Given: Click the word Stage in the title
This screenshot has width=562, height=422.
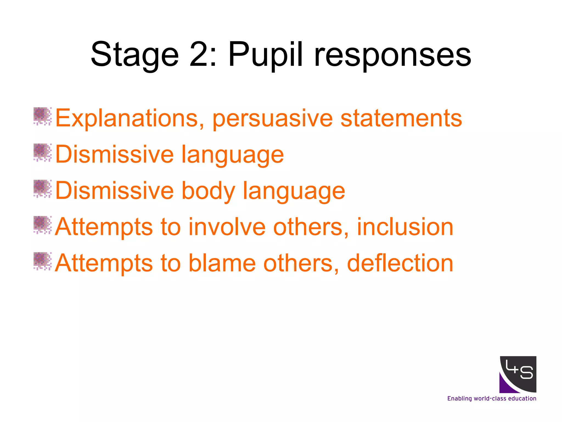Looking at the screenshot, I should click(135, 55).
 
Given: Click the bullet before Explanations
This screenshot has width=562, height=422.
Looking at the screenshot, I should click(42, 116).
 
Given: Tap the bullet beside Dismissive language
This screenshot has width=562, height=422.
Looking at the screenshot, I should click(42, 152).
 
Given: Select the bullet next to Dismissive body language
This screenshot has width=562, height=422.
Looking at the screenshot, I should click(42, 189).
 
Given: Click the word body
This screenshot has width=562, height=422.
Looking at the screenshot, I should click(208, 191).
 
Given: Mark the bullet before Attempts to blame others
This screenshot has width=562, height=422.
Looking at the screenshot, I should click(42, 261).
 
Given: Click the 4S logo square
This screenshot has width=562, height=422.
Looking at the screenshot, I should click(518, 374).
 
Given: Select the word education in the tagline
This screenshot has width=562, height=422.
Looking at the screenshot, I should click(522, 398).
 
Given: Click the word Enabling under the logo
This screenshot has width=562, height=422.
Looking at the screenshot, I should click(459, 399).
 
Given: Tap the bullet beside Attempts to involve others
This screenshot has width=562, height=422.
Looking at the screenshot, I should click(42, 225).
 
